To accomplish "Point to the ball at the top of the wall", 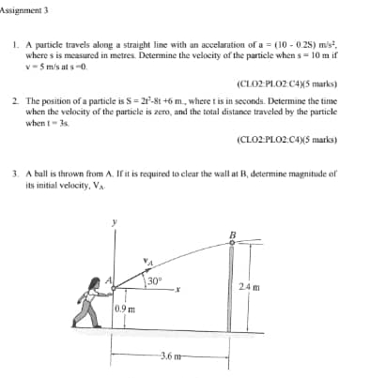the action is (232, 241).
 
